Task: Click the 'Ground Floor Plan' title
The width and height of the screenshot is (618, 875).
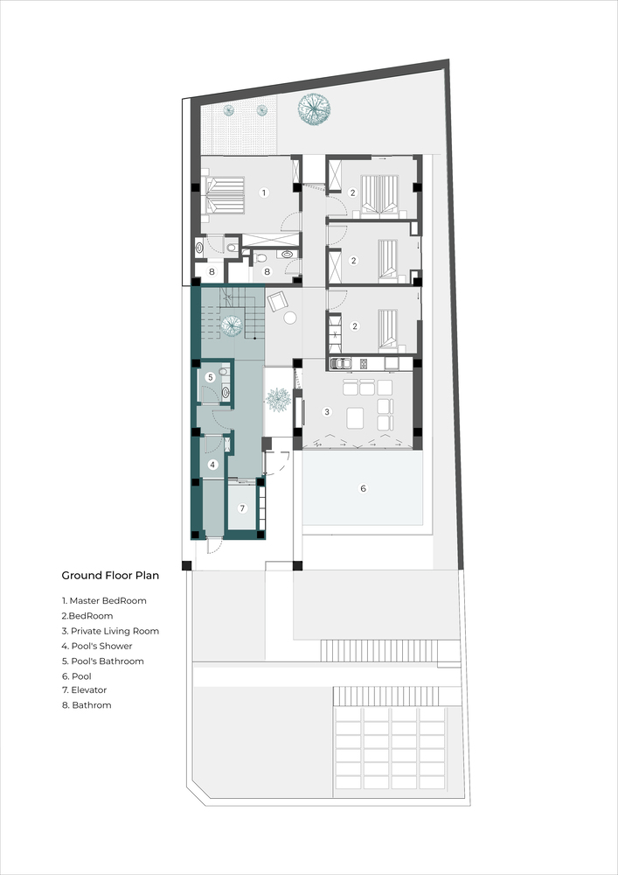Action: [110, 576]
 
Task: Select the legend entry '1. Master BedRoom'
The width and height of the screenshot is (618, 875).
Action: [104, 601]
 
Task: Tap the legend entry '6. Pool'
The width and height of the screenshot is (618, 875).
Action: [77, 675]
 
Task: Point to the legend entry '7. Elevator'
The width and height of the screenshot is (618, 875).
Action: [84, 690]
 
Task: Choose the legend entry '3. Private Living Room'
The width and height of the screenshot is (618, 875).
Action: [110, 631]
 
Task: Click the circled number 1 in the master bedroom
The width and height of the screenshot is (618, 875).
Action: [264, 192]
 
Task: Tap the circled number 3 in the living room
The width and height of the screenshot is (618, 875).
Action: [327, 412]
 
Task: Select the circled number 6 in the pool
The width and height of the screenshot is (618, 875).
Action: [364, 488]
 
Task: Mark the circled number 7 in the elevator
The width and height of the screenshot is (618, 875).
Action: [242, 508]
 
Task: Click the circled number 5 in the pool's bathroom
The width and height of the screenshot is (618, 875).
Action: [210, 378]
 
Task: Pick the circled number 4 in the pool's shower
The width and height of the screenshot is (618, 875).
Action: [212, 465]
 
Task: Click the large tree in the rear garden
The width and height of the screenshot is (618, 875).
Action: [314, 108]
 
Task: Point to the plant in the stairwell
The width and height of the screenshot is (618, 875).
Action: [232, 325]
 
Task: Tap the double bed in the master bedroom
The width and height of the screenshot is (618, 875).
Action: [224, 195]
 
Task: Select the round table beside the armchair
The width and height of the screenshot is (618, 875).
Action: [290, 318]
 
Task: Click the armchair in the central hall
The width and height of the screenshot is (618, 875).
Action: [277, 302]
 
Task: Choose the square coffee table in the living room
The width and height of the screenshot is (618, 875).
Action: [356, 417]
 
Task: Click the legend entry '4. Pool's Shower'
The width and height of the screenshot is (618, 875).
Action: [97, 647]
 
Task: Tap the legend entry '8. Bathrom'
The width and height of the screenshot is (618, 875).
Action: [87, 705]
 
